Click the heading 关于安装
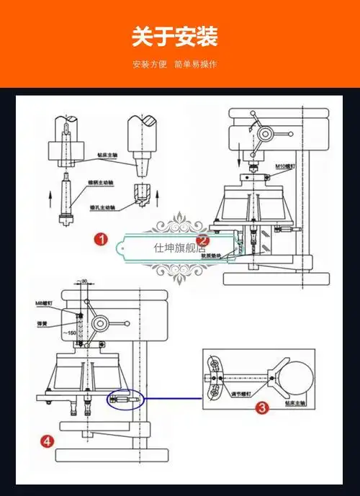tap(175, 36)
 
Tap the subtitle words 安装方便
tap(150, 64)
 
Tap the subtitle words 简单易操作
tap(195, 64)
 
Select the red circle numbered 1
tap(102, 239)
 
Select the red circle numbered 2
tap(203, 240)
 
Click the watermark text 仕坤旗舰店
tap(179, 248)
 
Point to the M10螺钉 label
tap(286, 166)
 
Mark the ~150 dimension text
tap(69, 333)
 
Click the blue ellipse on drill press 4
tap(125, 399)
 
